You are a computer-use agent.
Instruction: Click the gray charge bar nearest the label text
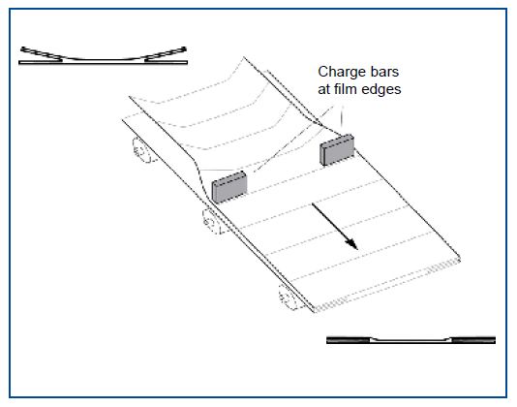[337, 149]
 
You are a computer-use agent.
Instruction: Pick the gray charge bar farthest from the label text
[229, 187]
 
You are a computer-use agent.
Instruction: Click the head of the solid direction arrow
[352, 245]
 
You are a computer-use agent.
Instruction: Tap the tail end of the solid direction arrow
[313, 204]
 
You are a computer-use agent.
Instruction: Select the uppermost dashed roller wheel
[141, 150]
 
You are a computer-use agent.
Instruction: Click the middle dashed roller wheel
[212, 221]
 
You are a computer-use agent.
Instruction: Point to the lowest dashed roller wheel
[288, 297]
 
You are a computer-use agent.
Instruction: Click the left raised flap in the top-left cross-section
[42, 54]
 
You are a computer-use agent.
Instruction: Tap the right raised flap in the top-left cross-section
[166, 54]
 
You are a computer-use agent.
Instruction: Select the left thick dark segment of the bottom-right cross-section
[349, 340]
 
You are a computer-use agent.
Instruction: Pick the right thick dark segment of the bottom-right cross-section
[473, 340]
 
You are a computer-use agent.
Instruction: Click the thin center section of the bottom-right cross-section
[411, 341]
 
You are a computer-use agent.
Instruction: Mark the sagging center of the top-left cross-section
[104, 60]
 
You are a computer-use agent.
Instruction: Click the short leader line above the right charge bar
[342, 116]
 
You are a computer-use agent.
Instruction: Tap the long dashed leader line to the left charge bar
[293, 139]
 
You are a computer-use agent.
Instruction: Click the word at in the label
[323, 89]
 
